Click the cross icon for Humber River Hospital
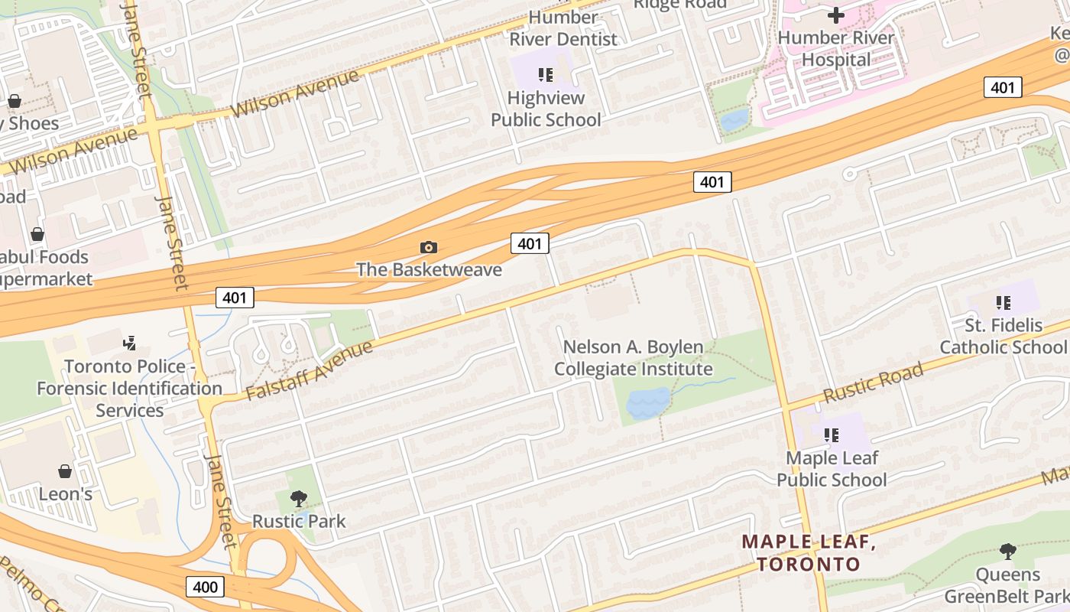836,15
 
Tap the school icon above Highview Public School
546,74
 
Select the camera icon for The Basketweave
429,247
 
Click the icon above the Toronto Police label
130,343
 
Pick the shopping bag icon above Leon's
65,471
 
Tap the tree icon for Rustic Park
299,499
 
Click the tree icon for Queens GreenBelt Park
1008,551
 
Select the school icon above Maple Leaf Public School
832,435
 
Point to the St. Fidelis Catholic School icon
1003,303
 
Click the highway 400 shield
205,588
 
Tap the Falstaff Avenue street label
310,371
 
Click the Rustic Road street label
873,384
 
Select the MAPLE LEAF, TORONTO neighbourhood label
809,553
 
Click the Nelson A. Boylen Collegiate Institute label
633,358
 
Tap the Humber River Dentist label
563,28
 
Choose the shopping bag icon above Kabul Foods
37,234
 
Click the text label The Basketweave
429,269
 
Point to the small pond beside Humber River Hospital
734,119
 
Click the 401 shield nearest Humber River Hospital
1002,87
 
